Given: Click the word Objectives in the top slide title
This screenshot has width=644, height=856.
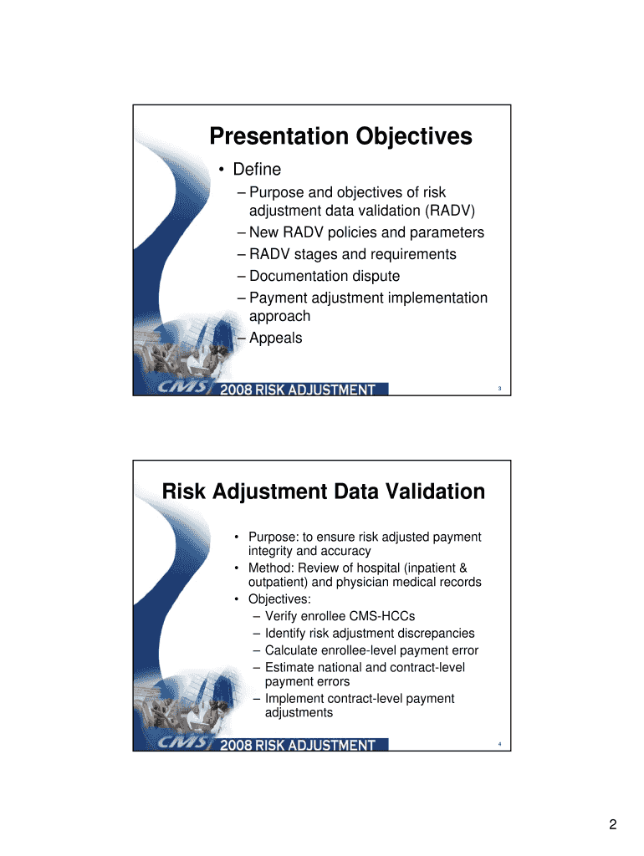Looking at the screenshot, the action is pyautogui.click(x=413, y=136).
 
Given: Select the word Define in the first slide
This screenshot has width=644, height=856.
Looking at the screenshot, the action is pyautogui.click(x=257, y=169).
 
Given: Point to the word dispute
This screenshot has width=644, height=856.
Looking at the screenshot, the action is pyautogui.click(x=376, y=276).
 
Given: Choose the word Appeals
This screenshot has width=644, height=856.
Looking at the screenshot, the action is pyautogui.click(x=275, y=338).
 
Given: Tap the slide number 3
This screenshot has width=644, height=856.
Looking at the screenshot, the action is pyautogui.click(x=499, y=389).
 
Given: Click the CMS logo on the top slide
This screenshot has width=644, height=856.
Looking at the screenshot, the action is pyautogui.click(x=182, y=387).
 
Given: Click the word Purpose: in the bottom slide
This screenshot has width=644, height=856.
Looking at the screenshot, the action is pyautogui.click(x=273, y=538).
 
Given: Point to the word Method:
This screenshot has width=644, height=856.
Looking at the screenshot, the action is pyautogui.click(x=272, y=568).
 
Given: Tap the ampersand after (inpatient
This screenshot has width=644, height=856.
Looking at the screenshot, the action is pyautogui.click(x=463, y=568).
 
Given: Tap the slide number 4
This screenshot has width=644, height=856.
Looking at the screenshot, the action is pyautogui.click(x=499, y=744).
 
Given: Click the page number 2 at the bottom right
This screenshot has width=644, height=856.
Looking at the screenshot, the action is pyautogui.click(x=613, y=824).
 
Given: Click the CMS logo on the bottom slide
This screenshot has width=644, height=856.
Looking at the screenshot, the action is pyautogui.click(x=182, y=742).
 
